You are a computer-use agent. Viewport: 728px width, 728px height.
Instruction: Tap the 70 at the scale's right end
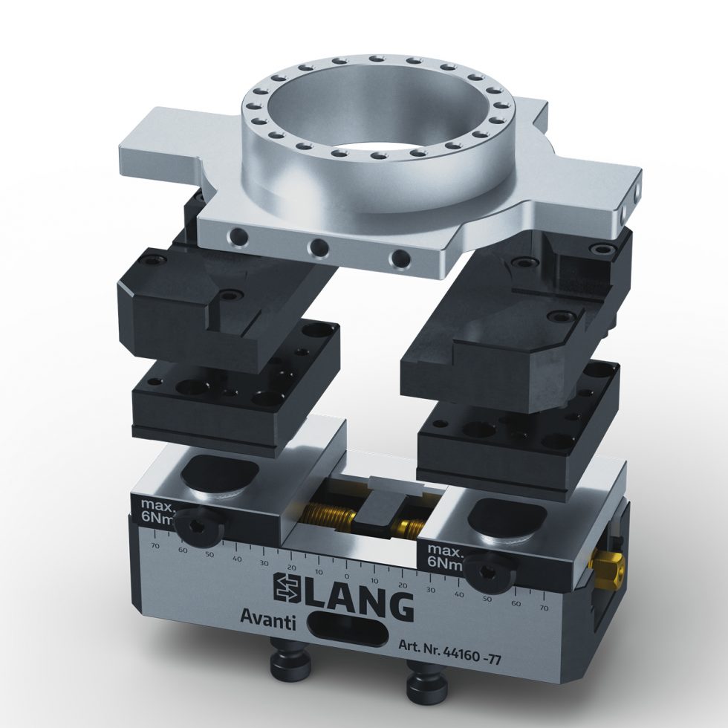pos(544,608)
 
